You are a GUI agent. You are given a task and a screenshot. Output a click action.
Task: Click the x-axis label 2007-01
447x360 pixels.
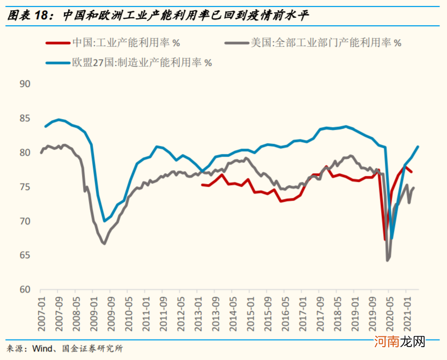tap(42, 308)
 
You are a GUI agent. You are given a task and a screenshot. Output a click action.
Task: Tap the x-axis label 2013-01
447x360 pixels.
tap(202, 308)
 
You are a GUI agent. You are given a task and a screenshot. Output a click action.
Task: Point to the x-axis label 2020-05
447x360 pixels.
tap(390, 308)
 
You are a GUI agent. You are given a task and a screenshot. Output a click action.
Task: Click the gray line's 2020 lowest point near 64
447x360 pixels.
tap(388, 260)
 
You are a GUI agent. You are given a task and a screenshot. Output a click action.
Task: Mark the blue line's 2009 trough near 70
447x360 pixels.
tap(104, 221)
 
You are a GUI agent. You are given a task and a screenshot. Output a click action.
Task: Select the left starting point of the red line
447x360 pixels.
tap(202, 185)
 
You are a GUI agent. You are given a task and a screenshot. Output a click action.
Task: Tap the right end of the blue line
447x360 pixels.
tap(418, 146)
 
